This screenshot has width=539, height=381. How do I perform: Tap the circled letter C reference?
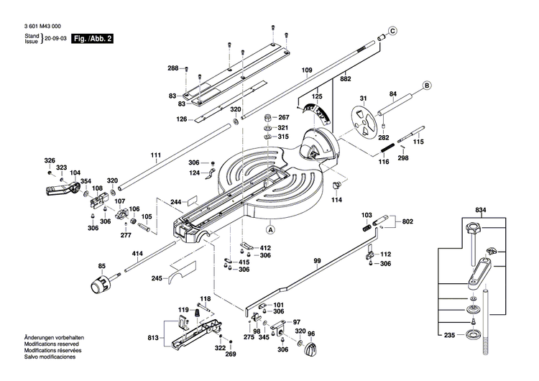coord(392,30)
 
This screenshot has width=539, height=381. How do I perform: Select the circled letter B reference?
coord(425,86)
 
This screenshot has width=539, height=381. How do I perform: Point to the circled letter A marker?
coord(271,231)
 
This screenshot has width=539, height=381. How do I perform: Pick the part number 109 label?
coord(307,70)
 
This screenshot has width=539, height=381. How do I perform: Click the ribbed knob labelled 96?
coord(312,350)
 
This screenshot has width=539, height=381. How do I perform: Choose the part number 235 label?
coord(451,335)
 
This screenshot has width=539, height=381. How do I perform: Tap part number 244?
coord(175,202)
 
